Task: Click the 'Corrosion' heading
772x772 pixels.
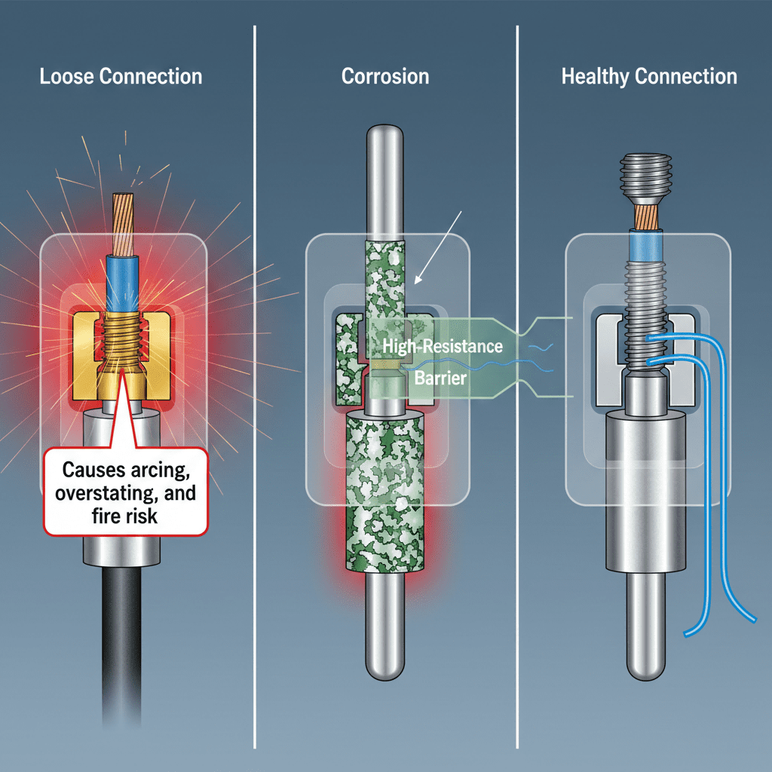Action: tap(385, 76)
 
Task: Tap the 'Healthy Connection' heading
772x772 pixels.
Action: tap(649, 76)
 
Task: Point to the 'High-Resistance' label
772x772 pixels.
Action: tap(442, 346)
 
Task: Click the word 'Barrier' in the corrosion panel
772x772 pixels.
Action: tap(441, 378)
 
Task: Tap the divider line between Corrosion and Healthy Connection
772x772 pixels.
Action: tap(516, 377)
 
